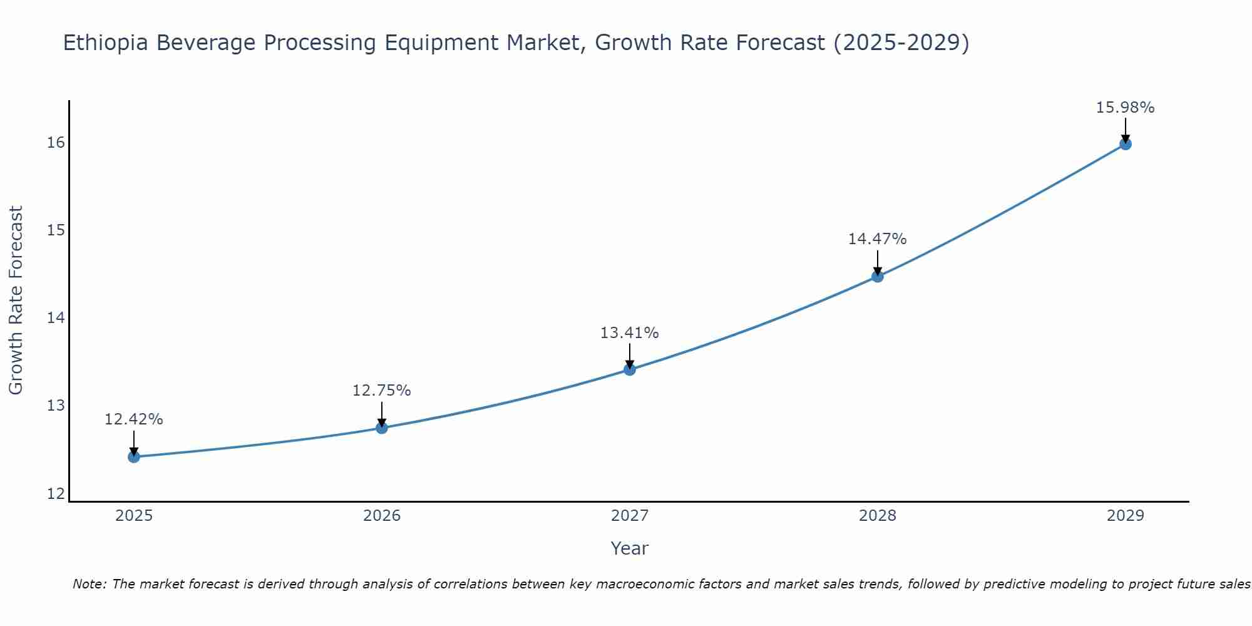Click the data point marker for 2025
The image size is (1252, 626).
[133, 457]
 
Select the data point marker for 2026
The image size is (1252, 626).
[381, 428]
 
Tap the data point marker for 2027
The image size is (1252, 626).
[629, 370]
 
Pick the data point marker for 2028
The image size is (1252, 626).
[877, 277]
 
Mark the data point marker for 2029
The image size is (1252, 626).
[1125, 144]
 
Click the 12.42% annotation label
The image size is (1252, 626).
[133, 419]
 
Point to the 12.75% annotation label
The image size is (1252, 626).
[381, 391]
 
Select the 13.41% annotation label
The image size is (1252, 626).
[629, 333]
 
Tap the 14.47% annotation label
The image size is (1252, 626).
[877, 239]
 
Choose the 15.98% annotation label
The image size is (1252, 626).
[1125, 108]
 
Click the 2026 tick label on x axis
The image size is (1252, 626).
[381, 516]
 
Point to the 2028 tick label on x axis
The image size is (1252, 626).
[877, 516]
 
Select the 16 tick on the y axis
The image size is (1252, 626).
[55, 143]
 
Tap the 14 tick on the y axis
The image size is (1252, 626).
[55, 318]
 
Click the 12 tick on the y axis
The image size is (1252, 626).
[55, 494]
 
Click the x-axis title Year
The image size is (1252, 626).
[629, 548]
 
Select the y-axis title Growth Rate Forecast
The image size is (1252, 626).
[16, 300]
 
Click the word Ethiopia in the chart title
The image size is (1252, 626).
[106, 43]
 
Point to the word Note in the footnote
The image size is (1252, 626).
[90, 585]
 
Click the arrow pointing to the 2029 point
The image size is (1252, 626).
[1125, 130]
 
